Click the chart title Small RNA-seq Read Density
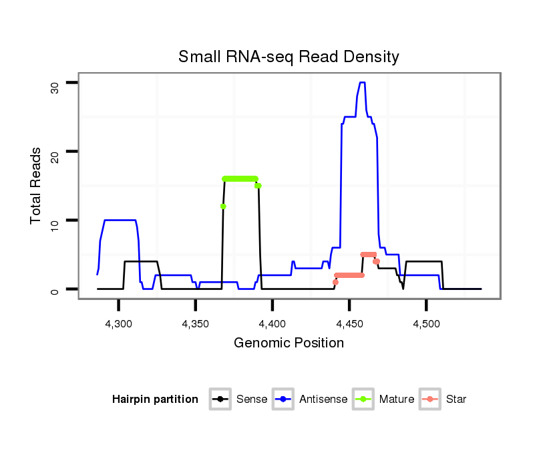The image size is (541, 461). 289,57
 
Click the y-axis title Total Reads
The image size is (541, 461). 37,186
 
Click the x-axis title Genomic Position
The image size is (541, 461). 289,343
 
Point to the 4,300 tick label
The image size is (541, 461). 118,323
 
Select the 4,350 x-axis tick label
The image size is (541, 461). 195,323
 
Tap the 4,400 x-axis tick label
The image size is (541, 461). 272,323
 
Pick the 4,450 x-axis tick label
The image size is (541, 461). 349,323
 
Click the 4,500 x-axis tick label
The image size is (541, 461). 425,323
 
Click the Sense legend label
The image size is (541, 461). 252,400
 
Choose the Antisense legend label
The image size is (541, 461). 324,400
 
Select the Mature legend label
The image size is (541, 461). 397,400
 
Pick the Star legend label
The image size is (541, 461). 457,400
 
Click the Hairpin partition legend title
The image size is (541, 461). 155,400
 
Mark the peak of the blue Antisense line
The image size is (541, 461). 362,83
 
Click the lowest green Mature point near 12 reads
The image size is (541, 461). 223,206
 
